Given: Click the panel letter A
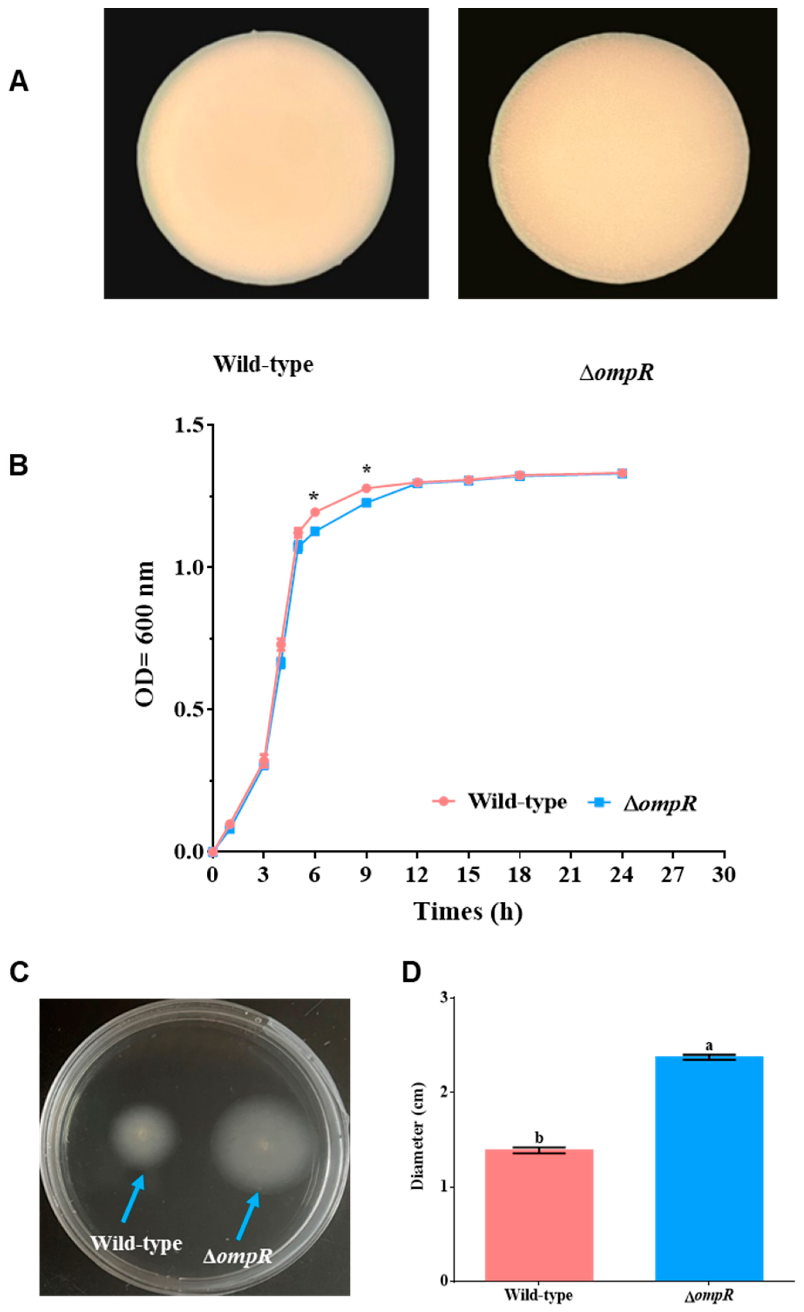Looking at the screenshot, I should click(19, 82).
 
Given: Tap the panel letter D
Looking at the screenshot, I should click(411, 972).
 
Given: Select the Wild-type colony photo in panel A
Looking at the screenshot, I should click(266, 153).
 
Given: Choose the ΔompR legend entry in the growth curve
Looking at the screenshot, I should click(642, 803).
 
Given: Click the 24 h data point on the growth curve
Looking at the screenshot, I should click(621, 473).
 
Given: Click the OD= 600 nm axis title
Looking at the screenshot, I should click(145, 634).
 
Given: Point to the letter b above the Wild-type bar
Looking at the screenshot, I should click(539, 1138).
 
